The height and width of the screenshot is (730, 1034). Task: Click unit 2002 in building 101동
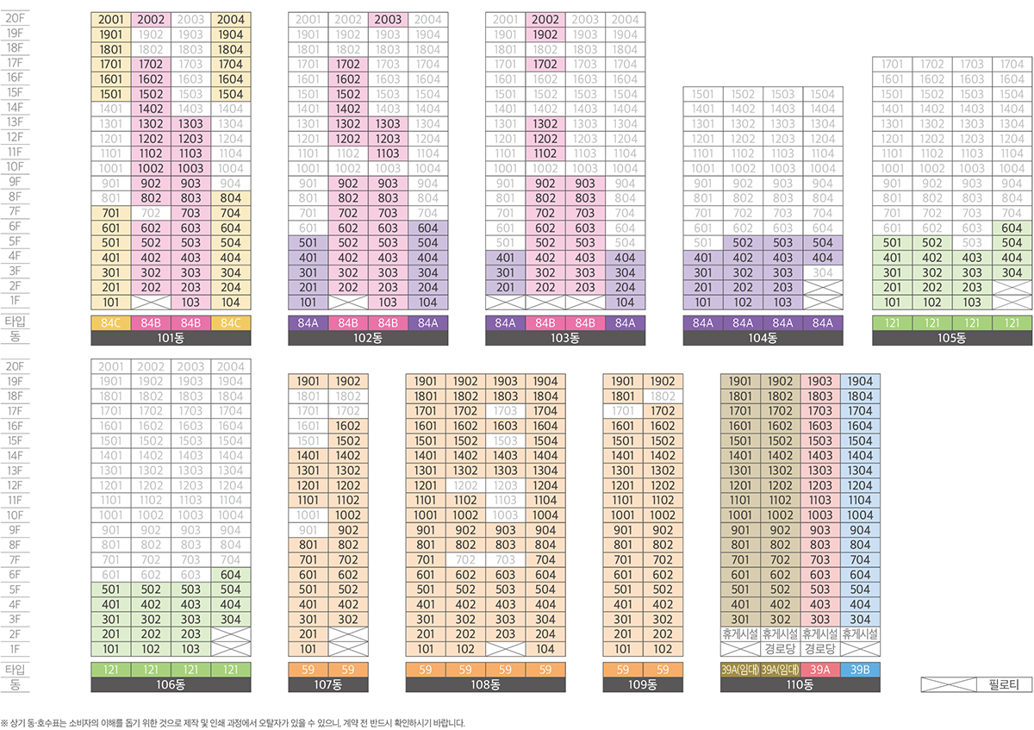151,20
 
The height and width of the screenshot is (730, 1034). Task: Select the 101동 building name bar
171,338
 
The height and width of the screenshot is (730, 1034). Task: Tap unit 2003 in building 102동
388,20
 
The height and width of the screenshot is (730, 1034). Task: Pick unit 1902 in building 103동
545,34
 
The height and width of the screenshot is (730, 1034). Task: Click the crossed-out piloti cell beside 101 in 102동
348,303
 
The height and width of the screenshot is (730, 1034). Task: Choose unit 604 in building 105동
1012,228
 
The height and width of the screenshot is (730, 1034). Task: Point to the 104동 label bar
763,338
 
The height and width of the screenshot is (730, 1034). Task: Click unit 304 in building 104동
823,272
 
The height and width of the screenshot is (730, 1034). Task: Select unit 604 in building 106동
230,575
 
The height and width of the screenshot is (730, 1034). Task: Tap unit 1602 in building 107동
348,426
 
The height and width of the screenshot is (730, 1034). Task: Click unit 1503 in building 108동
506,441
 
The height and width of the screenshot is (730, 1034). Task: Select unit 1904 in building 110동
860,382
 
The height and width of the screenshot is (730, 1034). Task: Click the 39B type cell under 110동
860,670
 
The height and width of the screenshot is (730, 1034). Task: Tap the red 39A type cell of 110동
820,670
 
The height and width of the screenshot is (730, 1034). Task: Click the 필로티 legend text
1000,685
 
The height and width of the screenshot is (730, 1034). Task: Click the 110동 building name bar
800,685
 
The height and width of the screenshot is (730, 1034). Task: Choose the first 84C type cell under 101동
111,323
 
